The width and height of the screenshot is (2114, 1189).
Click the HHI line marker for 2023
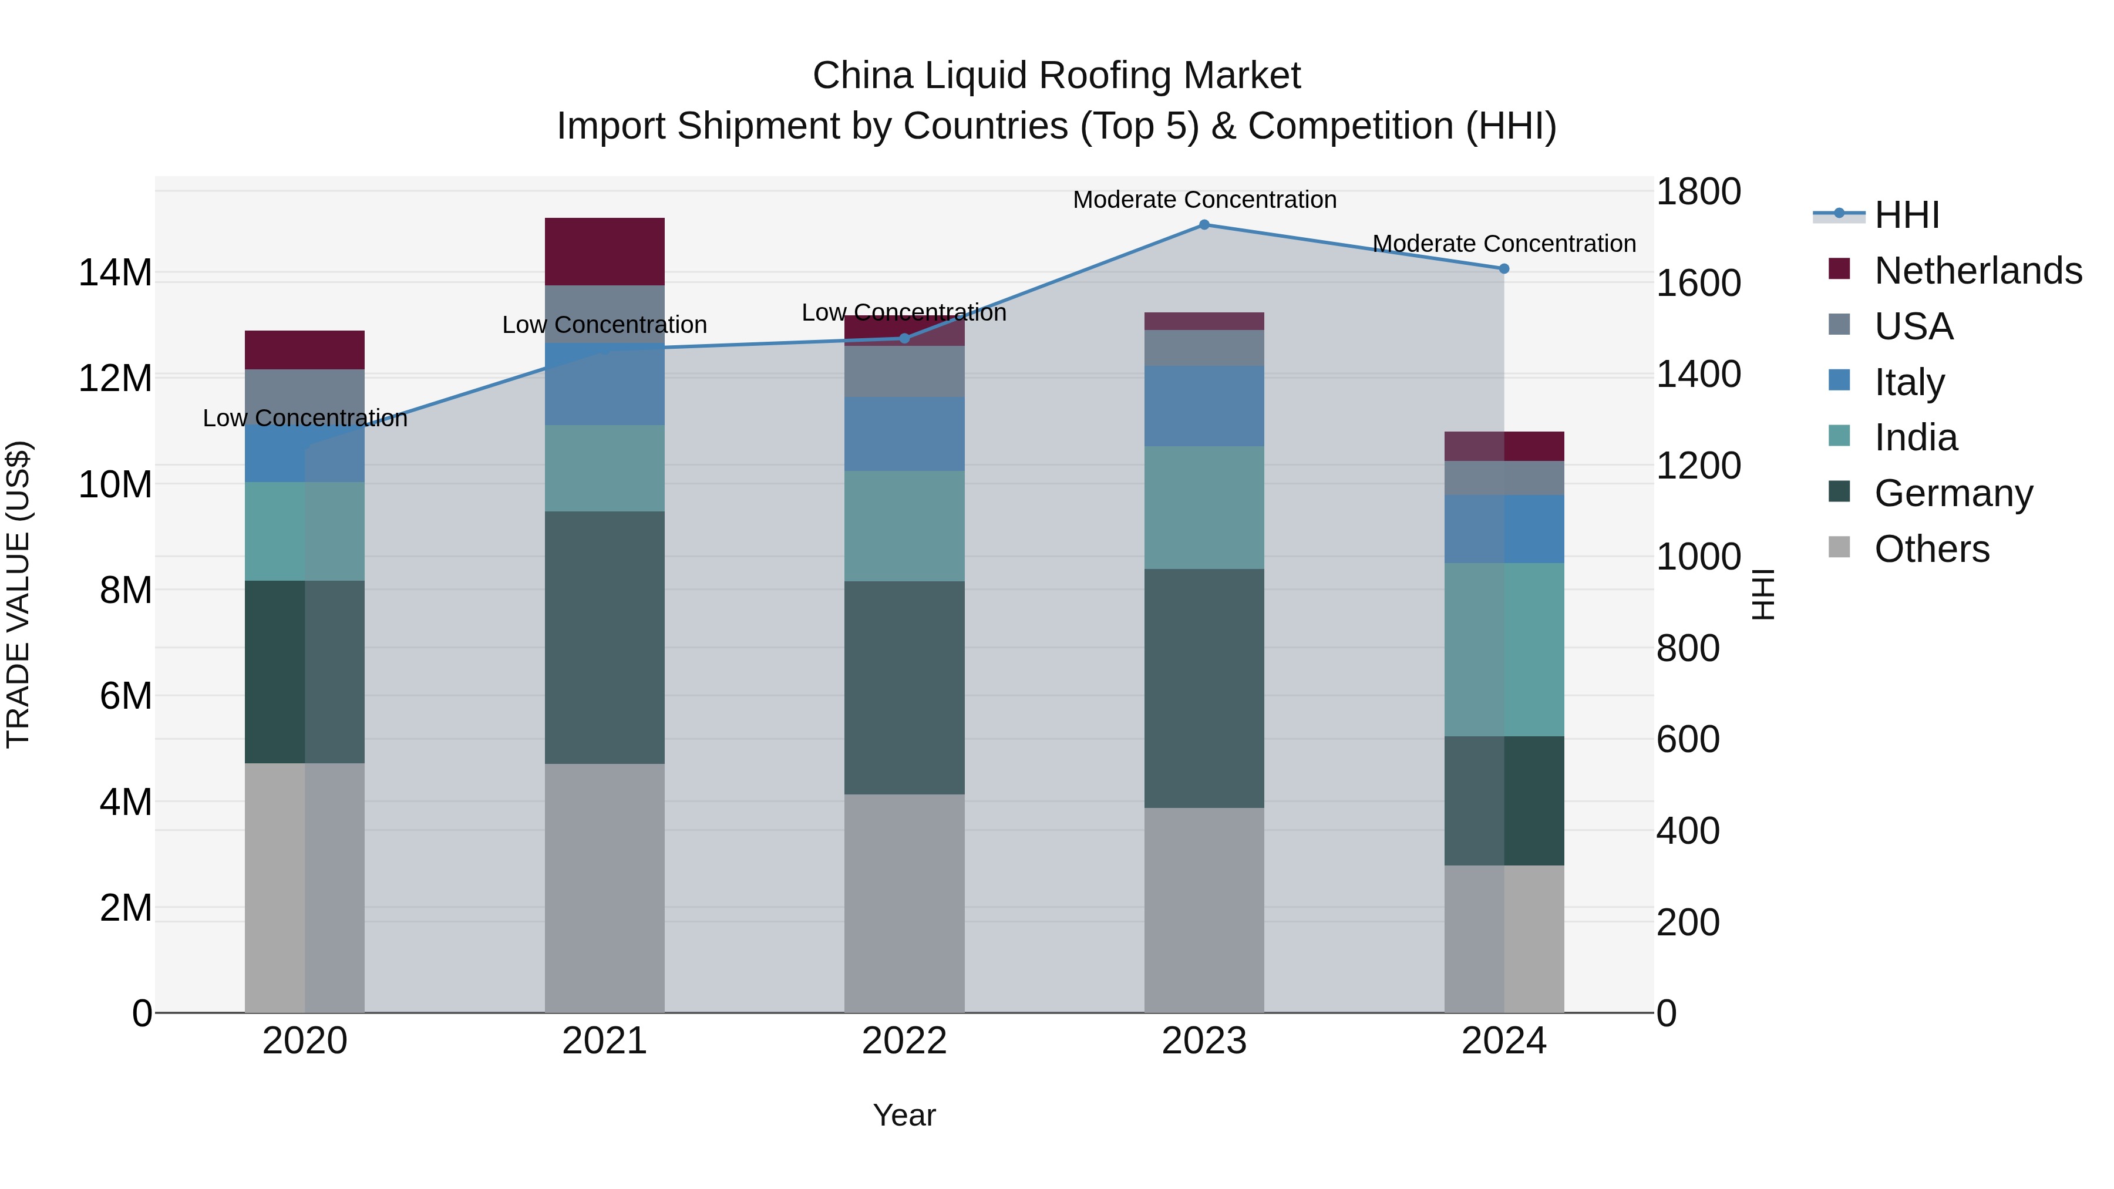(x=1204, y=224)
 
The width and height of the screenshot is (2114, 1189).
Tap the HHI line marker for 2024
(x=1503, y=268)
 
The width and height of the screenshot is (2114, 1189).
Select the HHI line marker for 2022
(x=904, y=338)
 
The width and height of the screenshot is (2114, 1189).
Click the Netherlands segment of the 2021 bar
(x=604, y=251)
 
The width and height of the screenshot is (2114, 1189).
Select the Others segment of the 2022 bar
(x=904, y=902)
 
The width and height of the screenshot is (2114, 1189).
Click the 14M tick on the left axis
(x=115, y=272)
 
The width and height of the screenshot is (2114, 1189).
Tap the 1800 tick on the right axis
(x=1697, y=192)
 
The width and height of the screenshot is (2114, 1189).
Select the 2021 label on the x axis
(x=604, y=1041)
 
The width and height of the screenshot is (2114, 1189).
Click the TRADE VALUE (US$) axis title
(x=18, y=594)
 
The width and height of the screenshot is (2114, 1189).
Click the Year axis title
(x=904, y=1115)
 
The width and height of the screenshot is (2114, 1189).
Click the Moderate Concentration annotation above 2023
(x=1204, y=200)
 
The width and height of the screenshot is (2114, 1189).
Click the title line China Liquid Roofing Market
(x=1056, y=76)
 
